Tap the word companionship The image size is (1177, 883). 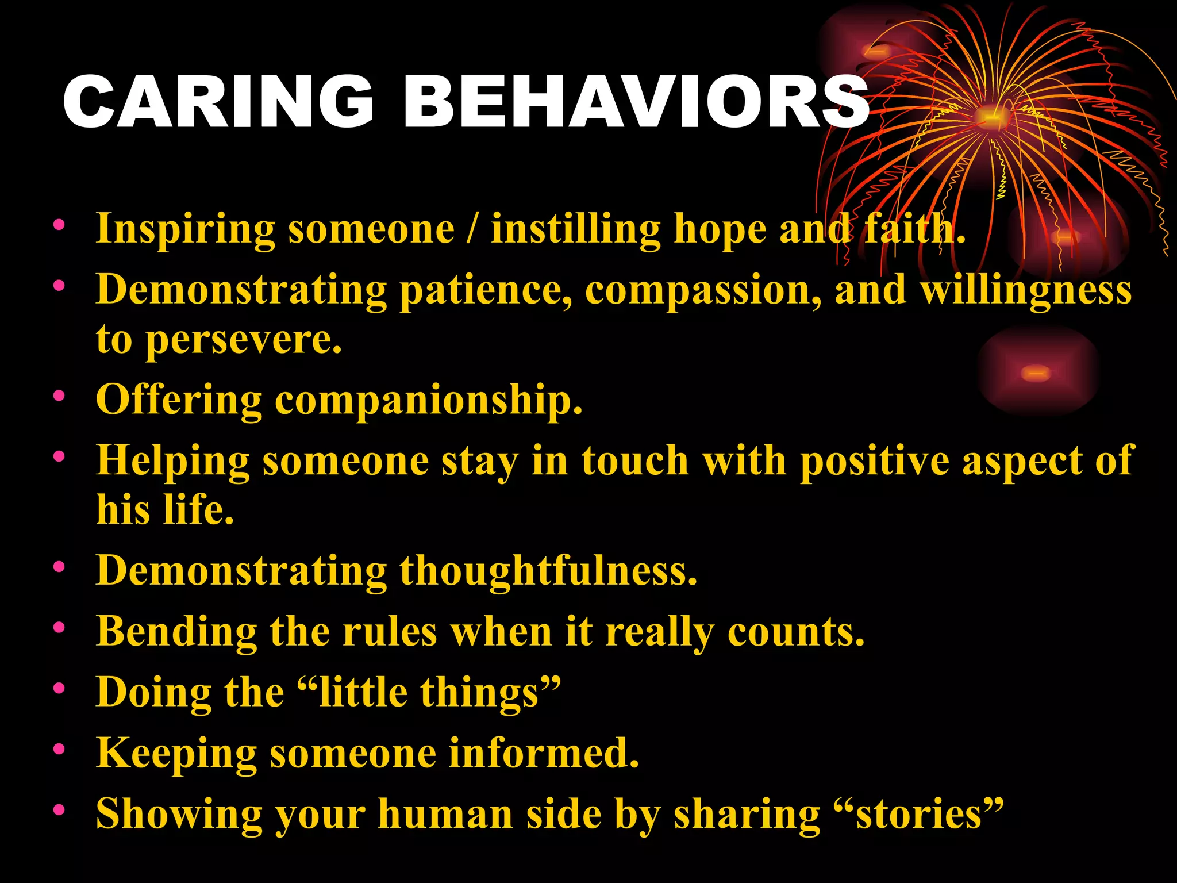[428, 399]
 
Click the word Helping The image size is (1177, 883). [172, 462]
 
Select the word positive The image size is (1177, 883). [874, 462]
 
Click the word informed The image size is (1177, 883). [543, 753]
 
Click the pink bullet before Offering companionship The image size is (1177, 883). [59, 396]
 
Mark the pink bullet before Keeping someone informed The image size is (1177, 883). [59, 749]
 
